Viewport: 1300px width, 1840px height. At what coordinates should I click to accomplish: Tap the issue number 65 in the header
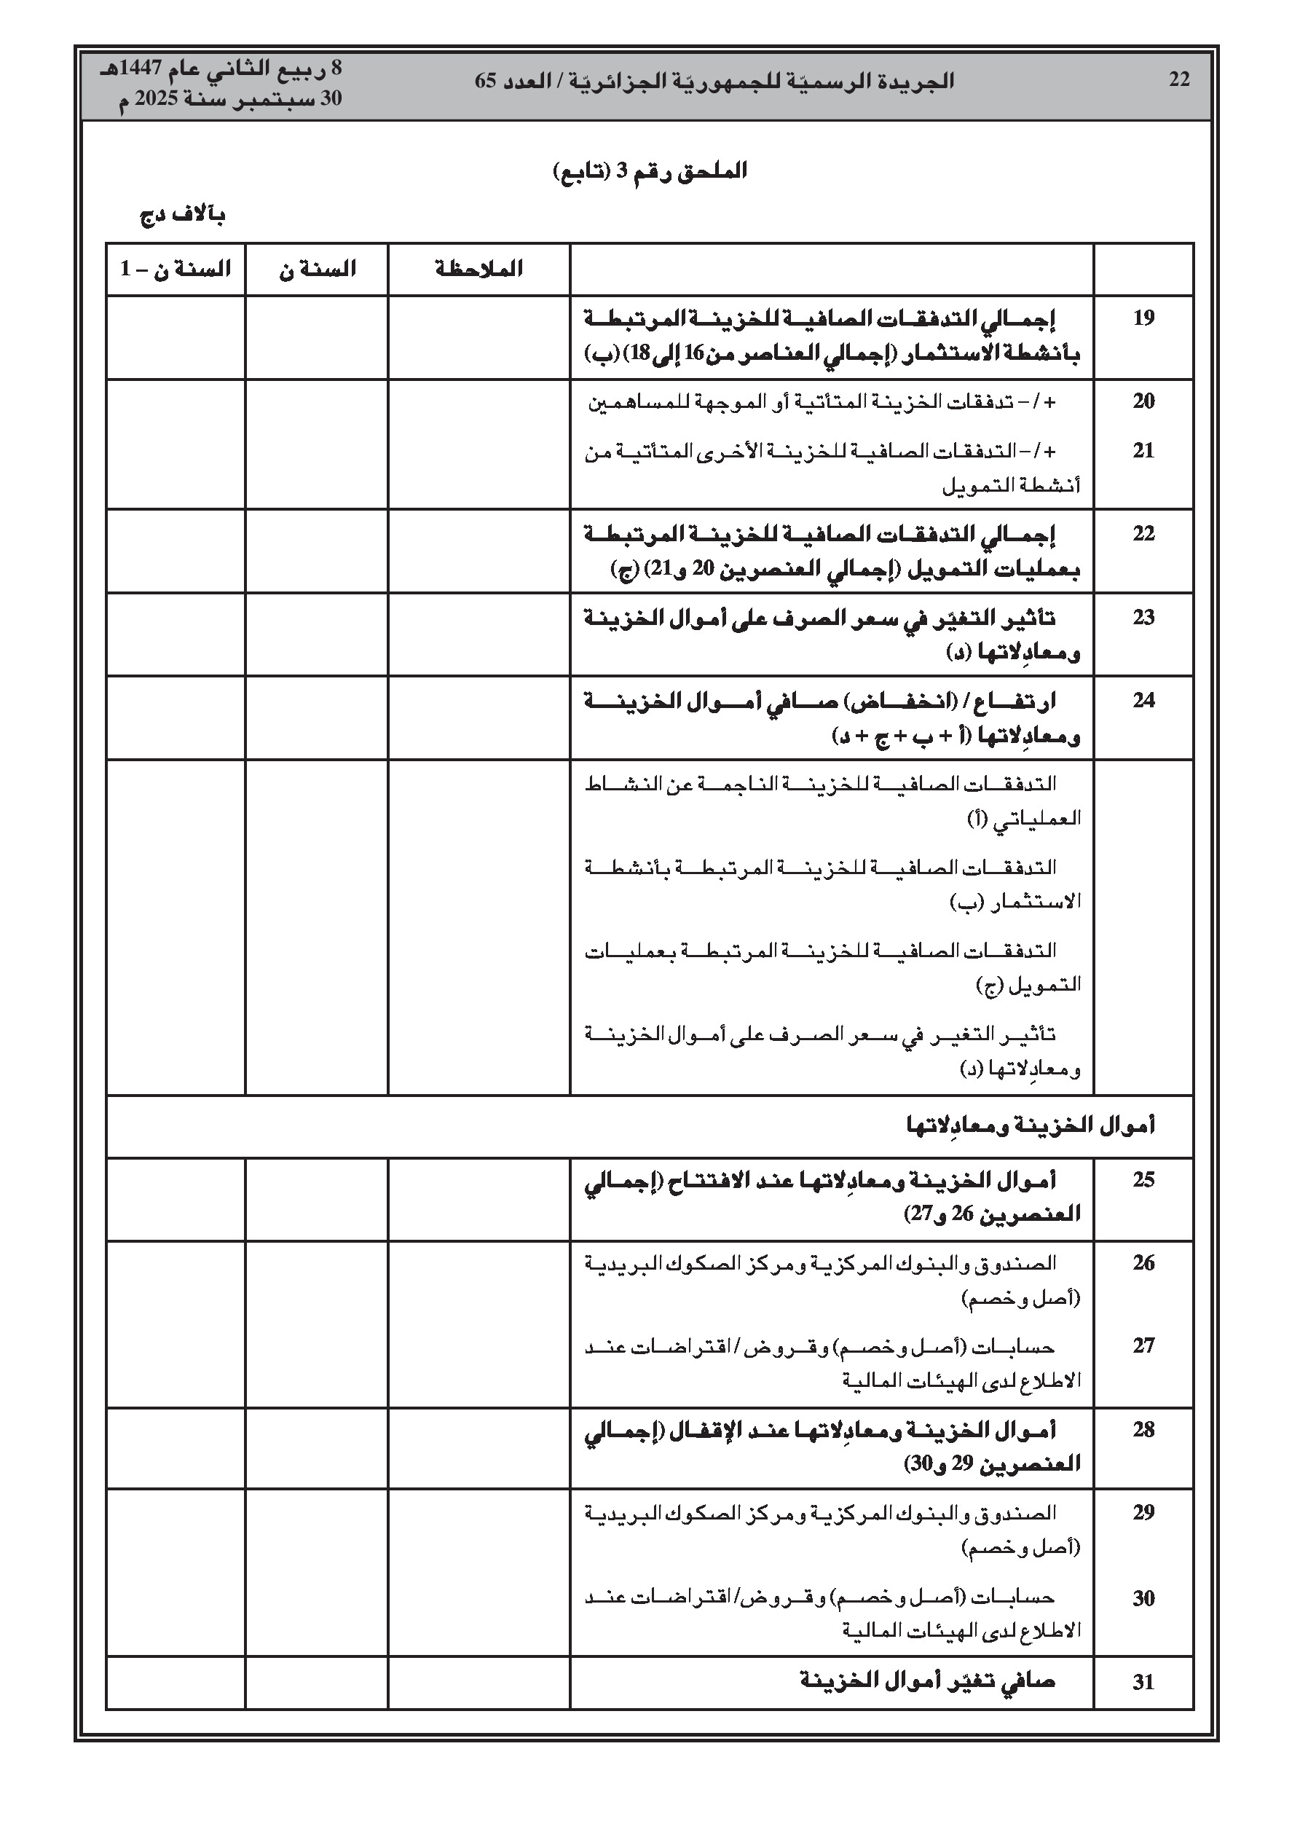click(486, 81)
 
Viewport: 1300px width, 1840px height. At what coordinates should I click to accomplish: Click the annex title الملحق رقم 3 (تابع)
click(650, 171)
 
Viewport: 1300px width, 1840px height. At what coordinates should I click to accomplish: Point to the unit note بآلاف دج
click(183, 215)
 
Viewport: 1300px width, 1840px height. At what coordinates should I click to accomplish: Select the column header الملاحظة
click(479, 270)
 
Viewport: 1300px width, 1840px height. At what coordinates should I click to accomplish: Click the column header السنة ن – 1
click(176, 270)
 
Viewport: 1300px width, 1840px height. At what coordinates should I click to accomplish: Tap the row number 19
click(1143, 318)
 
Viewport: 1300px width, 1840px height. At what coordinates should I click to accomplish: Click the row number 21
click(1143, 450)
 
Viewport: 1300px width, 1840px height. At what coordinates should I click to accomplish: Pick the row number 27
click(1143, 1345)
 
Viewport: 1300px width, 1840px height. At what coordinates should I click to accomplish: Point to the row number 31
click(1143, 1682)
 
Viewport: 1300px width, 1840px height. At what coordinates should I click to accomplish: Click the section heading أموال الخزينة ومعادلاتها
click(1031, 1126)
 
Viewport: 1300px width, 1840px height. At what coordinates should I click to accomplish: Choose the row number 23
click(1143, 617)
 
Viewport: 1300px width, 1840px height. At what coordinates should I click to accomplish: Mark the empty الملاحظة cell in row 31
click(479, 1682)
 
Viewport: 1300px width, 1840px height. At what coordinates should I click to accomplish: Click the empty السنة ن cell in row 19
click(317, 337)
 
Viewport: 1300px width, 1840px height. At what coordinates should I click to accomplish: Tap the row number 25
click(1143, 1179)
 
